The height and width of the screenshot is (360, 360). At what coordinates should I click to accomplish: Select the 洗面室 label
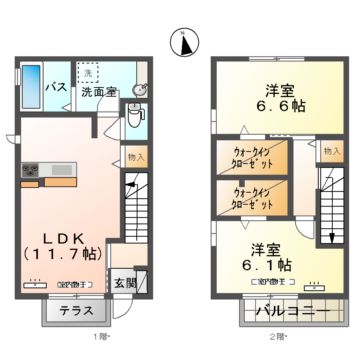(x=100, y=93)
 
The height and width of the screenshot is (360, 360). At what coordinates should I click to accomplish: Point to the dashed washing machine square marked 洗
(x=87, y=75)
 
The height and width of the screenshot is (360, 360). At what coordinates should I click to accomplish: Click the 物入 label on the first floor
(x=136, y=158)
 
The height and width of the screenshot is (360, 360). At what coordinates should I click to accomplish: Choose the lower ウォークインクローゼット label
(x=249, y=197)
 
